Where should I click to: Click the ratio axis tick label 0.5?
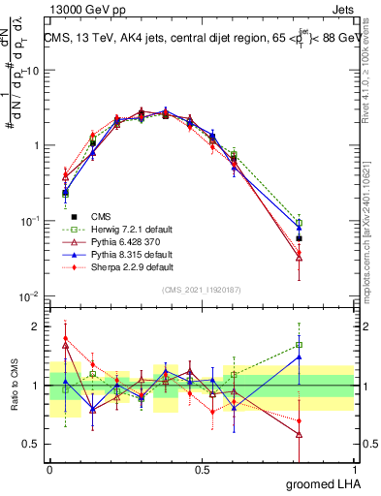pyautogui.click(x=34, y=444)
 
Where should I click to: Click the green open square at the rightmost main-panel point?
pyautogui.click(x=300, y=223)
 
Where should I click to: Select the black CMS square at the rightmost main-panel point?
pyautogui.click(x=300, y=238)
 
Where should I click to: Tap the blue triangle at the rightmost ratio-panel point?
pyautogui.click(x=300, y=357)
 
